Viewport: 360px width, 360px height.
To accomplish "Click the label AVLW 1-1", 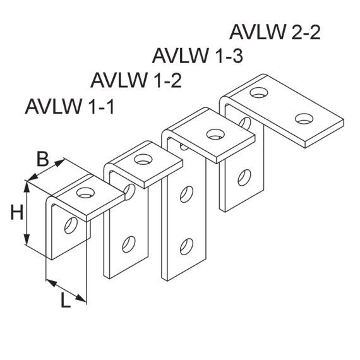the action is [x=69, y=107].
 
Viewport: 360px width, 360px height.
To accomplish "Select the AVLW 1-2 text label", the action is [x=136, y=80].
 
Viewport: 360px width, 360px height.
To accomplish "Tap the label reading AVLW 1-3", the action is [x=198, y=56].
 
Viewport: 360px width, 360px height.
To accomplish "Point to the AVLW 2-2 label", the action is [x=275, y=32].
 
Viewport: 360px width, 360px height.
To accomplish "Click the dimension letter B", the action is [x=43, y=159].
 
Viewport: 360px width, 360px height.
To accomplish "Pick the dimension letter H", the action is [x=17, y=213].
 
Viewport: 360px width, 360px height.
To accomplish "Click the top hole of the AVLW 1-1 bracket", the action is [x=86, y=192].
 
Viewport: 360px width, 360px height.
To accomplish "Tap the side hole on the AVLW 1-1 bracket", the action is [x=71, y=225].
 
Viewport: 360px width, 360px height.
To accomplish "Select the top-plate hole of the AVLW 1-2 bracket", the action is [x=143, y=159].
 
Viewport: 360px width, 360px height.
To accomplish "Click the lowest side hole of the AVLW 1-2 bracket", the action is [x=129, y=244].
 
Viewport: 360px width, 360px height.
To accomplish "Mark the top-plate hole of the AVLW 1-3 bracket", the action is [x=215, y=134].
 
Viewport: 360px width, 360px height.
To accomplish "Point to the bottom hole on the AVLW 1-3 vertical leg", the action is [x=186, y=246].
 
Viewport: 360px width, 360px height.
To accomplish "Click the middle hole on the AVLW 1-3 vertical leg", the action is [x=186, y=195].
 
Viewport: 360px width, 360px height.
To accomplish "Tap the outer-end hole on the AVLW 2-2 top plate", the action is [x=304, y=118].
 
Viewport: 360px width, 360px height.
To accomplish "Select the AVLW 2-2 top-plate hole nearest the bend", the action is [x=259, y=92].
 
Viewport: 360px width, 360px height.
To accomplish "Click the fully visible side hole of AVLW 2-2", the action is [x=244, y=177].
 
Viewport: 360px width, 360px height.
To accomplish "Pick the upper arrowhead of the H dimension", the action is [x=27, y=187].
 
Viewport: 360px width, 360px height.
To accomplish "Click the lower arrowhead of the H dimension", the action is [x=27, y=239].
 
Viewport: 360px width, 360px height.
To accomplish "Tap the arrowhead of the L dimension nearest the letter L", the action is [x=81, y=298].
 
